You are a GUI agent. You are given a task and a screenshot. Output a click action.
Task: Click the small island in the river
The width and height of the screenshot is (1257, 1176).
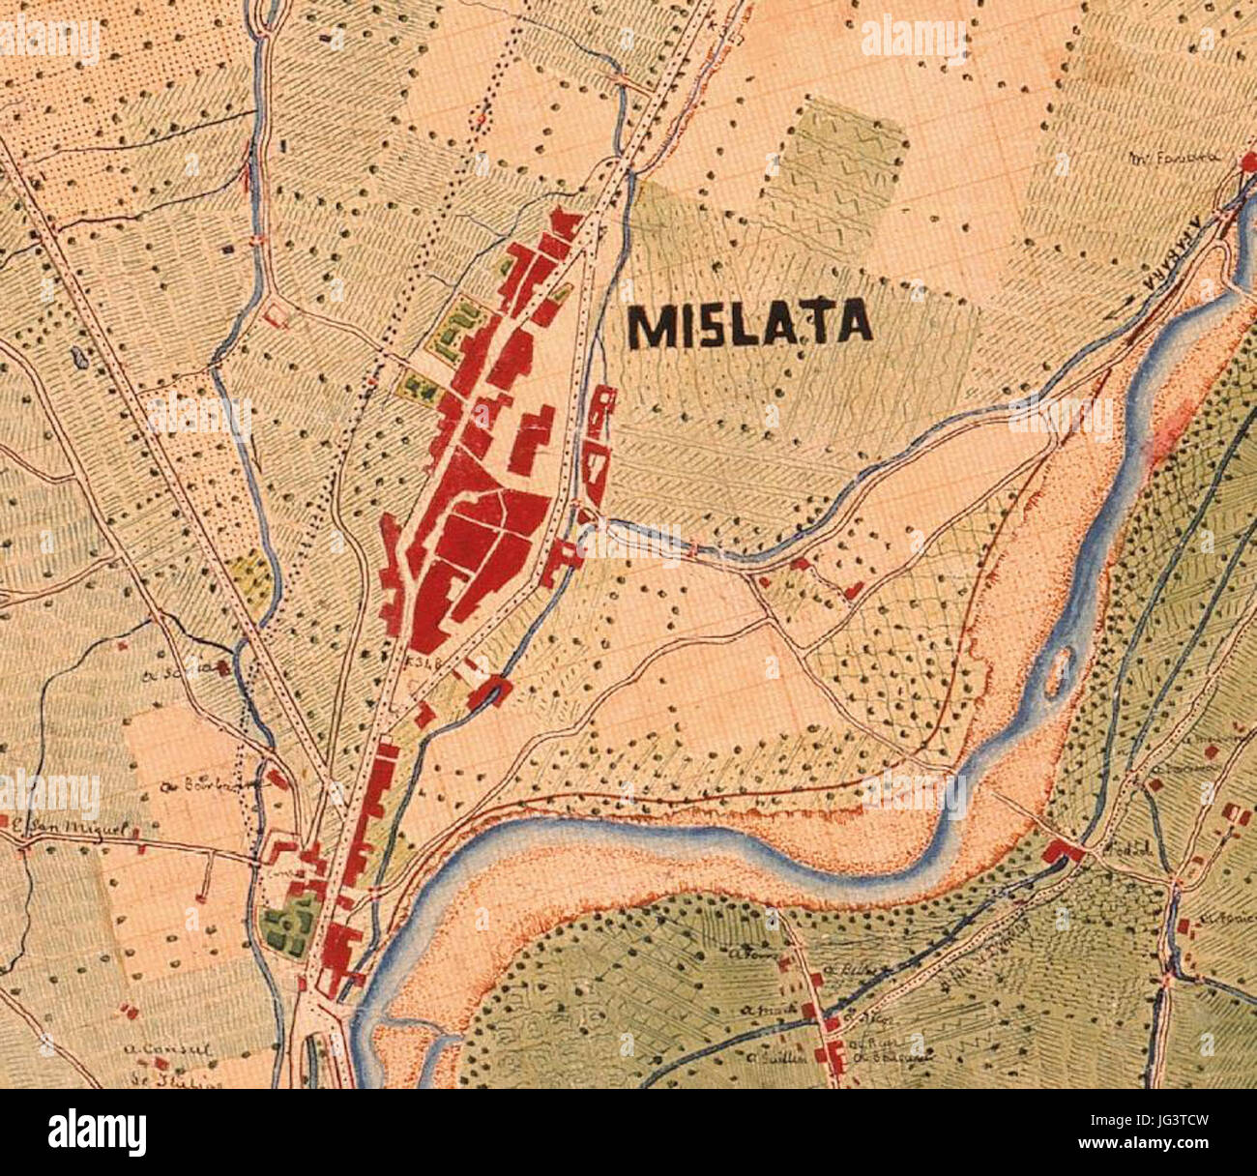click(x=1059, y=670)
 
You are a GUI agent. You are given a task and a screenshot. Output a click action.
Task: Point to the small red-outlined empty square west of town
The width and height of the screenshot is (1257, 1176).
click(x=277, y=314)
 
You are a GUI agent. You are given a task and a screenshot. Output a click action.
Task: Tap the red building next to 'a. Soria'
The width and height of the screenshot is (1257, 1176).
click(x=223, y=666)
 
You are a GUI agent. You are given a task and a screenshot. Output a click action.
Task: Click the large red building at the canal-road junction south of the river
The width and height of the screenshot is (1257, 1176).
click(x=1064, y=852)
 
